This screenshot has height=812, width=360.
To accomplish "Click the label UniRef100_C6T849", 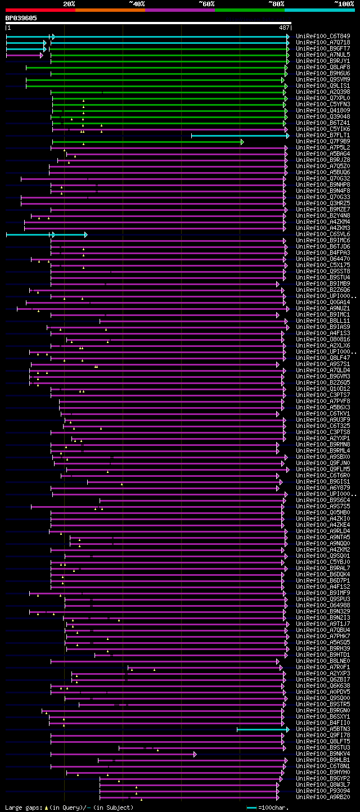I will (x=323, y=37).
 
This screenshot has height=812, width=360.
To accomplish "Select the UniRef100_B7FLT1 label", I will (x=323, y=136).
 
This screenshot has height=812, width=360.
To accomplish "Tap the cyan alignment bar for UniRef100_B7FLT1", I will (x=239, y=136).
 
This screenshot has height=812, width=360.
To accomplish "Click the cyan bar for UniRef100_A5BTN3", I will (x=262, y=729).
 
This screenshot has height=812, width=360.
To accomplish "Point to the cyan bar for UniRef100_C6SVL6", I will (x=45, y=234).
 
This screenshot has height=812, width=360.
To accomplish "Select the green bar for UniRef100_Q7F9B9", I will (x=146, y=142).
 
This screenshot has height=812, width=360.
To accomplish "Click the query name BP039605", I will (x=21, y=18).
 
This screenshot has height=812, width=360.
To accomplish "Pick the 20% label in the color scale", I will (x=69, y=4).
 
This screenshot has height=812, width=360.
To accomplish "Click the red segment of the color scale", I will (x=39, y=10).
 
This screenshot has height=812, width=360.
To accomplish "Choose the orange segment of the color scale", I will (x=110, y=10).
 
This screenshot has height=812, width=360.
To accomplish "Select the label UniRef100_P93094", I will (x=323, y=791).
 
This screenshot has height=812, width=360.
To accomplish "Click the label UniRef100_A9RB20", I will (x=323, y=797).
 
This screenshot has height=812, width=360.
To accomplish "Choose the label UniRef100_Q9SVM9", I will (x=323, y=80).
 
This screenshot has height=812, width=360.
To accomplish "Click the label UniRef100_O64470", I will (x=323, y=259).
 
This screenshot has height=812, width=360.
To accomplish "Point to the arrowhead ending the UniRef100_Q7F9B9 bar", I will (x=242, y=142).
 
